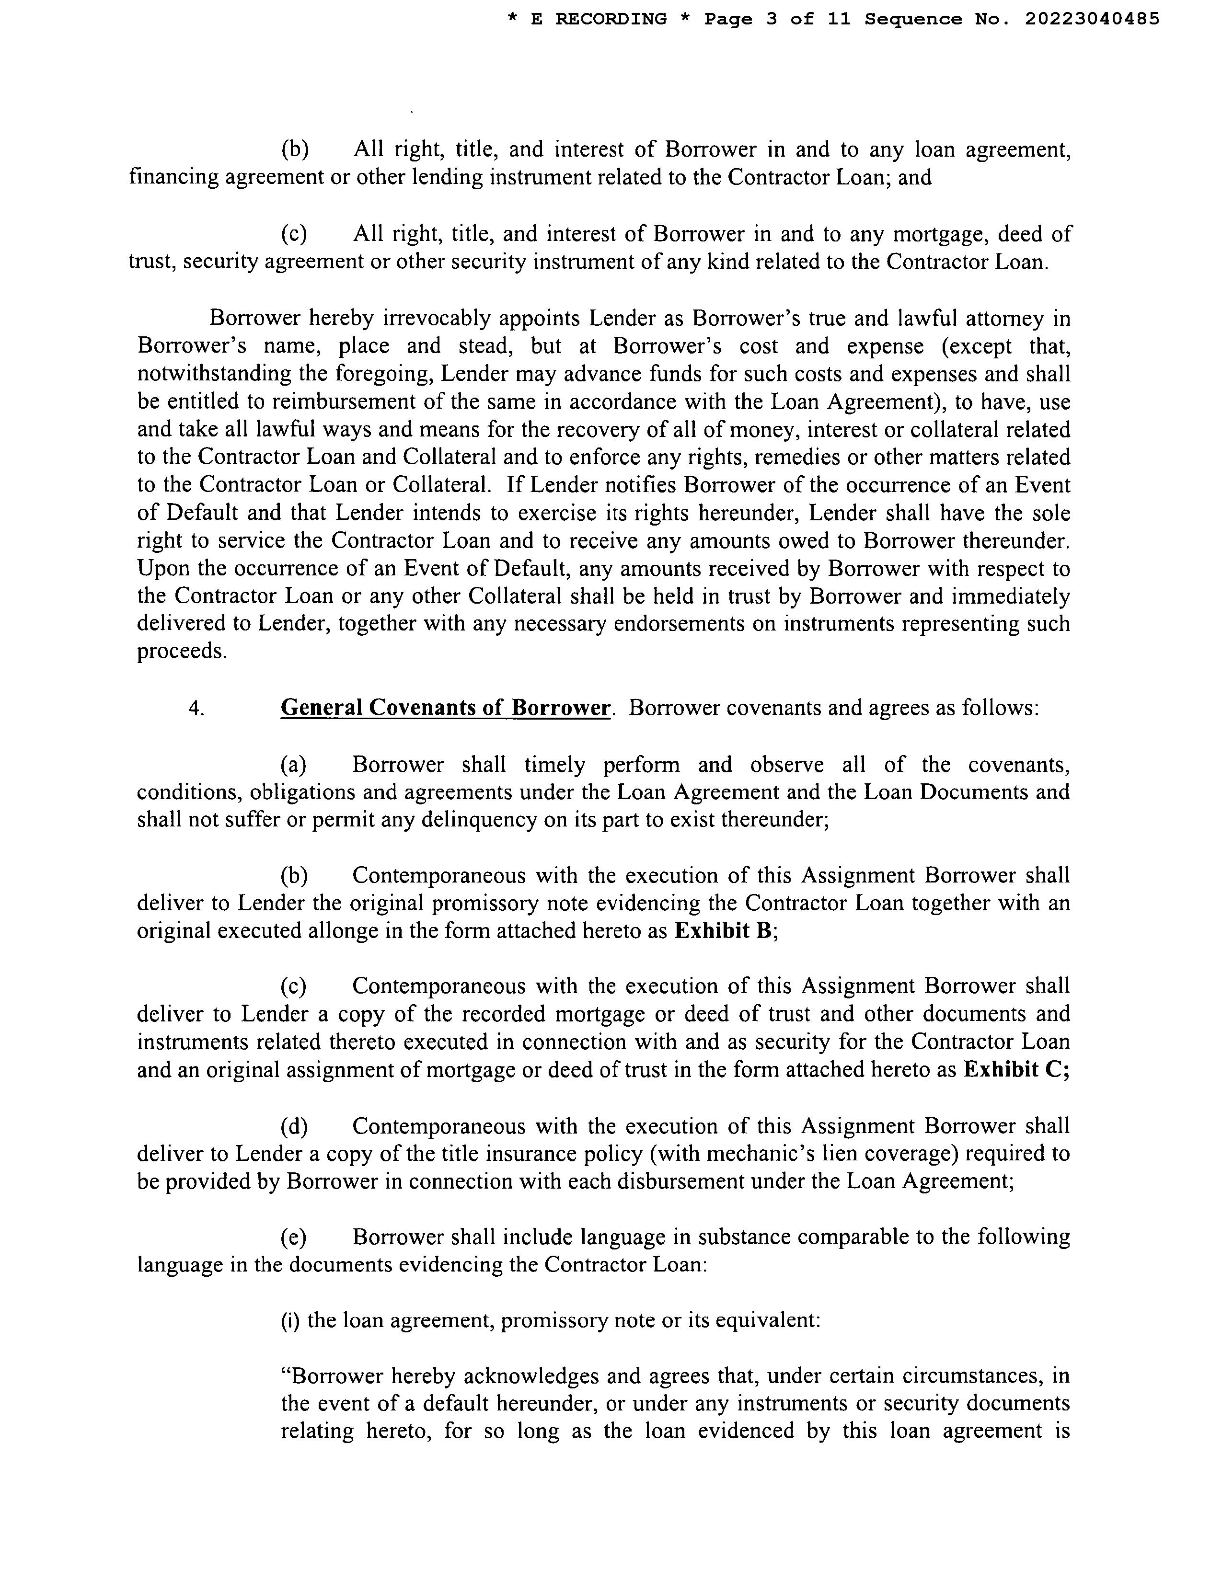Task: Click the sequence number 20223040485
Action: point(1092,19)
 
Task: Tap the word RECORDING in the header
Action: point(610,19)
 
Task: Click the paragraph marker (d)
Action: point(294,1126)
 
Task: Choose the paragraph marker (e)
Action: point(294,1237)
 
